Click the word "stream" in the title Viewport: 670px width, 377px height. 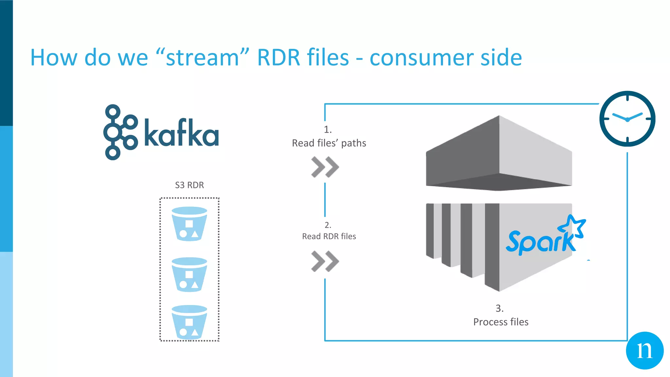click(x=203, y=58)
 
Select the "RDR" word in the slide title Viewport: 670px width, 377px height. click(x=278, y=58)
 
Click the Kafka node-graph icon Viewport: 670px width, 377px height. click(x=120, y=132)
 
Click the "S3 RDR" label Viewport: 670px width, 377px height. click(x=189, y=185)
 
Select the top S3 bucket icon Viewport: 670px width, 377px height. click(x=189, y=224)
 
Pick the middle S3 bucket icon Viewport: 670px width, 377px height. click(x=189, y=274)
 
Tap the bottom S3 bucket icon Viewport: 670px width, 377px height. click(x=189, y=322)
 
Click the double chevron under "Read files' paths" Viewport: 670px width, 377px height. click(x=325, y=167)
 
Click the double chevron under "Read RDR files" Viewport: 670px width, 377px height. click(x=325, y=261)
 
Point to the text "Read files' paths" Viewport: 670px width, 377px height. click(x=329, y=143)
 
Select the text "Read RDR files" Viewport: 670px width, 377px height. click(x=329, y=236)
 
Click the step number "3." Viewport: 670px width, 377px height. click(x=499, y=308)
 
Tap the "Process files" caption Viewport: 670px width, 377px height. click(x=501, y=322)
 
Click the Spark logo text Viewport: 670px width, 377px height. click(x=540, y=242)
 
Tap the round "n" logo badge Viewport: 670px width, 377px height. click(x=644, y=350)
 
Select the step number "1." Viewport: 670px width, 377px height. click(x=328, y=130)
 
